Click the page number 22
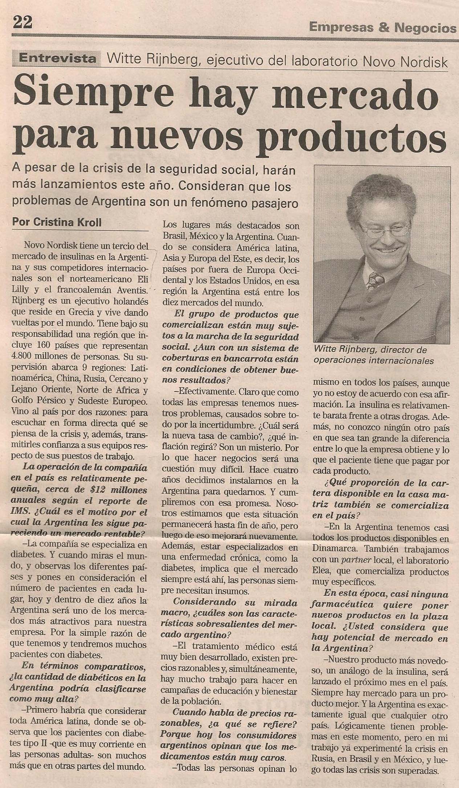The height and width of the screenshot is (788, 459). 23,22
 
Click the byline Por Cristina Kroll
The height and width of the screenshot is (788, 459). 57,222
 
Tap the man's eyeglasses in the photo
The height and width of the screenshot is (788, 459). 385,230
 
